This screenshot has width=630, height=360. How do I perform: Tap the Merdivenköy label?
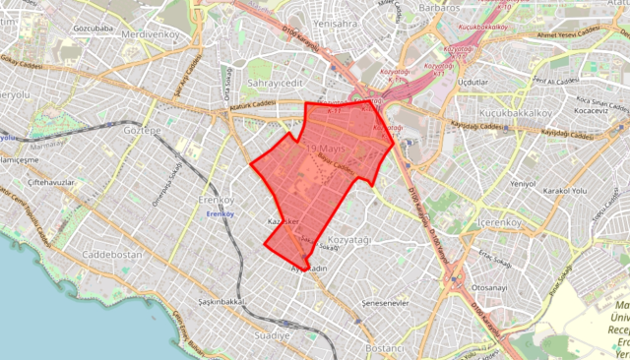150,34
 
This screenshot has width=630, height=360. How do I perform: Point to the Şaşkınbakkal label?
221,301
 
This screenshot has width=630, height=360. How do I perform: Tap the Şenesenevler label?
385,303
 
